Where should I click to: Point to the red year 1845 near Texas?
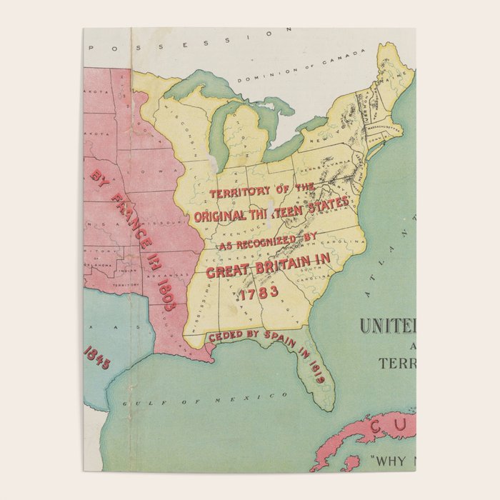pos(97,356)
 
